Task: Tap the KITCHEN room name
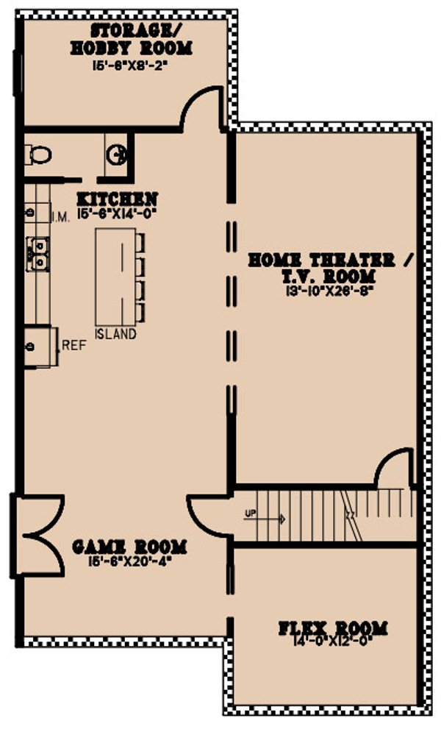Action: pos(118,199)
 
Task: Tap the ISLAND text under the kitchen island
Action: pos(115,335)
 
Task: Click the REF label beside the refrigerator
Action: pos(73,344)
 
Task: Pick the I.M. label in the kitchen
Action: pos(60,217)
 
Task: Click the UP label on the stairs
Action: pos(251,514)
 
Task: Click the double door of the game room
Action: pos(40,533)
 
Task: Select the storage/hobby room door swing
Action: pos(201,107)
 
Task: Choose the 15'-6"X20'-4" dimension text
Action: pos(129,561)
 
